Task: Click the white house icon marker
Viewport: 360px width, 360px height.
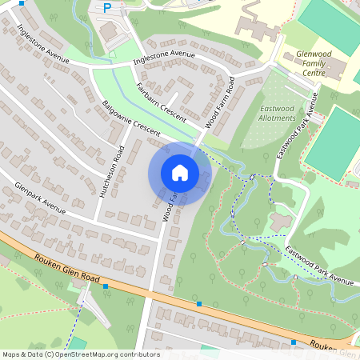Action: click(180, 172)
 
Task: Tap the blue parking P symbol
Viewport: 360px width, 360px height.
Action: click(107, 8)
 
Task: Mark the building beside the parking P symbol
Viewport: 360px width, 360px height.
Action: click(109, 30)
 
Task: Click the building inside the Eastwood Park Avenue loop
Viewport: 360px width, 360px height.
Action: click(281, 221)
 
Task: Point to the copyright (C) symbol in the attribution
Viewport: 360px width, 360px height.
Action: click(50, 354)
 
